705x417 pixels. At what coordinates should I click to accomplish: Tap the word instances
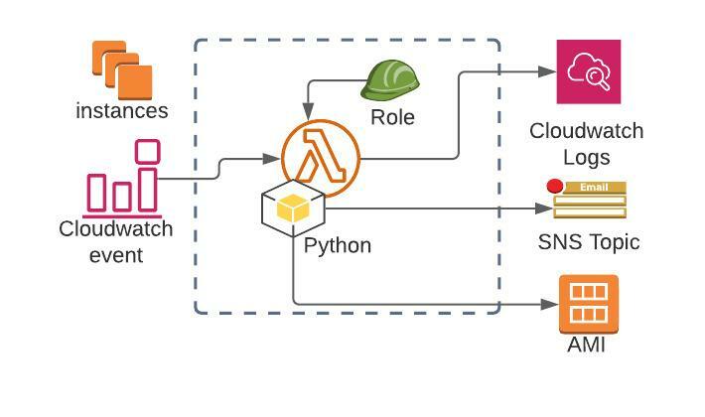pyautogui.click(x=122, y=110)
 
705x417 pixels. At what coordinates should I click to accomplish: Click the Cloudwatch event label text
pyautogui.click(x=116, y=241)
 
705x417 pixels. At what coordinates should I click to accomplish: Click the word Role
pyautogui.click(x=392, y=117)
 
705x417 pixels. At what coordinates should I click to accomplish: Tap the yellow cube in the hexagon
pyautogui.click(x=294, y=208)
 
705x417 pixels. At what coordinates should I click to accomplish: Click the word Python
pyautogui.click(x=338, y=245)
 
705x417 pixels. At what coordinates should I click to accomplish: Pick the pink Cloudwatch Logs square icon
pyautogui.click(x=588, y=71)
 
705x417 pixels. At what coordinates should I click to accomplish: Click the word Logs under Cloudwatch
pyautogui.click(x=587, y=157)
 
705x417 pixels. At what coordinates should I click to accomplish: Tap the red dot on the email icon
pyautogui.click(x=555, y=186)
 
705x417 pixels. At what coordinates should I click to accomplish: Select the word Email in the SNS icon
pyautogui.click(x=594, y=187)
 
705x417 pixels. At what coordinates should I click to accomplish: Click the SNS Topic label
pyautogui.click(x=589, y=241)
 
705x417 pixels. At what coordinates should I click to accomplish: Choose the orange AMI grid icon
pyautogui.click(x=589, y=304)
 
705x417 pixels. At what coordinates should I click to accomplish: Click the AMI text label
pyautogui.click(x=586, y=345)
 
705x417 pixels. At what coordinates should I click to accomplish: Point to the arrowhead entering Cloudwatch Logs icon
pyautogui.click(x=547, y=71)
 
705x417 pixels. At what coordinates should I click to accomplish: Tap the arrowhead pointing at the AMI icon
pyautogui.click(x=549, y=304)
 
